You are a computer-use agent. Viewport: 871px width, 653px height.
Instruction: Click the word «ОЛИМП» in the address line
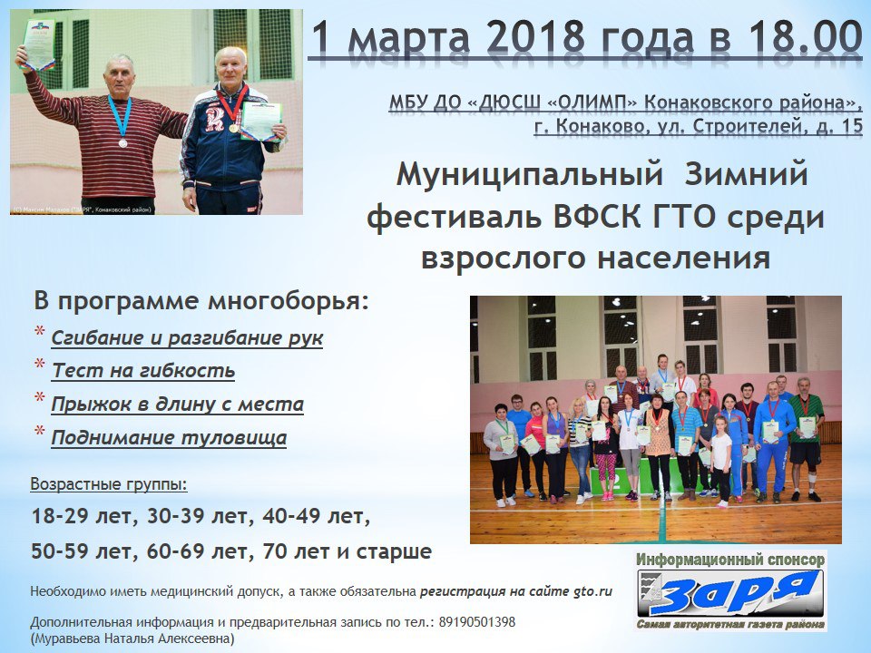point(593,102)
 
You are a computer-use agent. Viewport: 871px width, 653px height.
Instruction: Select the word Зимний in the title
point(746,174)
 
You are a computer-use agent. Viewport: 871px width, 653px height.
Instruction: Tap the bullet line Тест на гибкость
point(143,370)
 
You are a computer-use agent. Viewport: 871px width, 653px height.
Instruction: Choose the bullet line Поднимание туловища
point(169,437)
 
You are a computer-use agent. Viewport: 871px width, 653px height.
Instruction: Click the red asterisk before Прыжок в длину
point(39,398)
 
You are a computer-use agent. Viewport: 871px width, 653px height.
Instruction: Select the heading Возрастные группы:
point(109,484)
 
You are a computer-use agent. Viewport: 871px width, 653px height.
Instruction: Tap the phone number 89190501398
point(476,622)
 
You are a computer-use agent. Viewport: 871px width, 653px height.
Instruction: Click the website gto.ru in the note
point(592,592)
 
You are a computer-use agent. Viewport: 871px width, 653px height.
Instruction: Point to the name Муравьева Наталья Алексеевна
point(132,638)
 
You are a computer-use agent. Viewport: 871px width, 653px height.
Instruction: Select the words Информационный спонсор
point(729,560)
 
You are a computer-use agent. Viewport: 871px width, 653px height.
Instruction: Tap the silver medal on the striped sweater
point(122,142)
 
